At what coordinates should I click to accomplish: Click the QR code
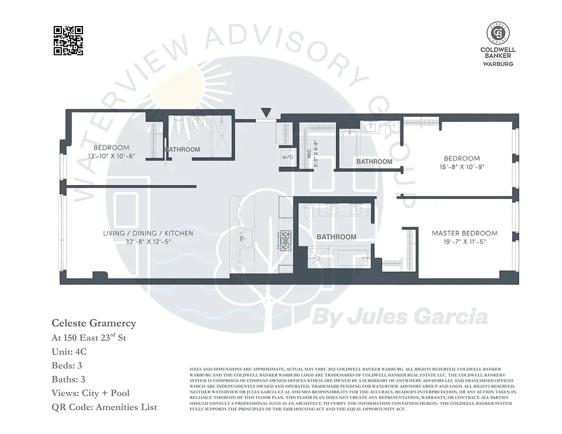[x=68, y=41]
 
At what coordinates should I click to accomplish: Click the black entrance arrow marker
[x=265, y=113]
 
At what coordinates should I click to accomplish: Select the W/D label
[x=287, y=157]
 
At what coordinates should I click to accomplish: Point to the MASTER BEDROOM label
[x=464, y=233]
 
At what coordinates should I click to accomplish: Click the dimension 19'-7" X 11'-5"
[x=464, y=242]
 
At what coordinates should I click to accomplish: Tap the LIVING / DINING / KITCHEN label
[x=148, y=233]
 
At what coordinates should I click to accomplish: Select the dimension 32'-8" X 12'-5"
[x=148, y=242]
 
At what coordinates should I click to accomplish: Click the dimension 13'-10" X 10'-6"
[x=111, y=156]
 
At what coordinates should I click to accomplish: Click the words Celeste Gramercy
[x=94, y=323]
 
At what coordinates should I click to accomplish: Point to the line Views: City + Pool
[x=91, y=393]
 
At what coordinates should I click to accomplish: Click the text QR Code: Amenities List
[x=104, y=407]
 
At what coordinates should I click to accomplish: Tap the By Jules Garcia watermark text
[x=400, y=316]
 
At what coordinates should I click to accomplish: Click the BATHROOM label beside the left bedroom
[x=182, y=150]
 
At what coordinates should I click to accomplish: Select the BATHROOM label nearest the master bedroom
[x=336, y=237]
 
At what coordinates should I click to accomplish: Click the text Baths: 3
[x=68, y=379]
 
